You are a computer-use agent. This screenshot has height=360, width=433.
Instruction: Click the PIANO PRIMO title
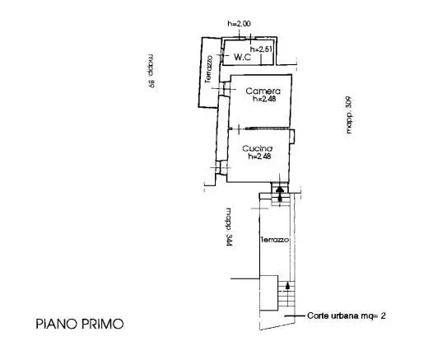[x=80, y=324]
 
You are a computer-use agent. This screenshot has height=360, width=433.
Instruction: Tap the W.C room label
[x=243, y=57]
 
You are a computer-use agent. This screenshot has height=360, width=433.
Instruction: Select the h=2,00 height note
[x=240, y=24]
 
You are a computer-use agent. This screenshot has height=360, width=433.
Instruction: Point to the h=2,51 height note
[x=261, y=49]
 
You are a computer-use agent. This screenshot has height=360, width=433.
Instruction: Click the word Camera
[x=263, y=91]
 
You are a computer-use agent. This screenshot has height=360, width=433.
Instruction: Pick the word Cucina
[x=257, y=148]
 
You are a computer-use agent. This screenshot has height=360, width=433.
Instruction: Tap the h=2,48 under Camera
[x=264, y=99]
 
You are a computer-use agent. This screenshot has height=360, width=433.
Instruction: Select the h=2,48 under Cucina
[x=259, y=157]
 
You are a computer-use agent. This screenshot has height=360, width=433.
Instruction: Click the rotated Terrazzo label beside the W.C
[x=208, y=69]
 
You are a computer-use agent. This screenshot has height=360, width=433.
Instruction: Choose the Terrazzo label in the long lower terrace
[x=275, y=240]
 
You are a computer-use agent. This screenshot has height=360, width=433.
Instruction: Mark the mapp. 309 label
[x=349, y=115]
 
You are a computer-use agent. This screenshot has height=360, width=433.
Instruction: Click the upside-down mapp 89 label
[x=151, y=71]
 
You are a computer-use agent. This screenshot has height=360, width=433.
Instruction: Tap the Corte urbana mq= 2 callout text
[x=346, y=316]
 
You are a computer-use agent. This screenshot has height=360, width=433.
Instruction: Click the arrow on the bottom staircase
[x=287, y=285]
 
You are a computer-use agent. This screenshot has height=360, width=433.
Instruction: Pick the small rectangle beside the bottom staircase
[x=269, y=293]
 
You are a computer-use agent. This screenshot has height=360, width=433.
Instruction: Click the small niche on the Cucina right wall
[x=292, y=136]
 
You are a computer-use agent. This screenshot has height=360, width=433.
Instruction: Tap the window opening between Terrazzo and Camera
[x=225, y=89]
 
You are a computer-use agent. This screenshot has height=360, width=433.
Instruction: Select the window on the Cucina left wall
[x=221, y=167]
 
